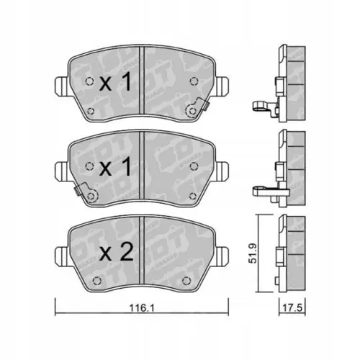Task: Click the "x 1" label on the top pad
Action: pyautogui.click(x=116, y=84)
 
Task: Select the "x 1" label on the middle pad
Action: pyautogui.click(x=116, y=168)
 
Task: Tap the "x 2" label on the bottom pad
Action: pyautogui.click(x=116, y=253)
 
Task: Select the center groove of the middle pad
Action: pyautogui.click(x=143, y=167)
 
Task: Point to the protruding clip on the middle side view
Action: pyautogui.click(x=263, y=192)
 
